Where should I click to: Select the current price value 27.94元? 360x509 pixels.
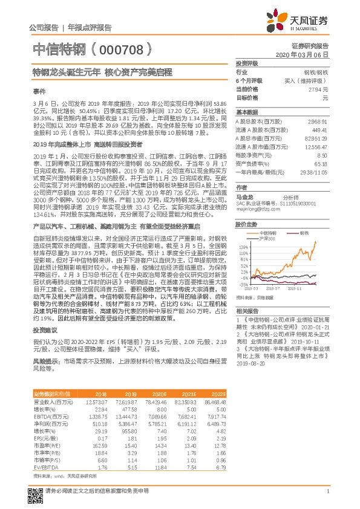coord(318,89)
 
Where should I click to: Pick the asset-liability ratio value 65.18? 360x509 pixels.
coord(321,163)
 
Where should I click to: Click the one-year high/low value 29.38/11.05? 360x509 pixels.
coord(315,172)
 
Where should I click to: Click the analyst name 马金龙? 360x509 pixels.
coord(244,197)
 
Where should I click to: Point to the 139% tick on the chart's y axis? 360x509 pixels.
coord(243,247)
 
